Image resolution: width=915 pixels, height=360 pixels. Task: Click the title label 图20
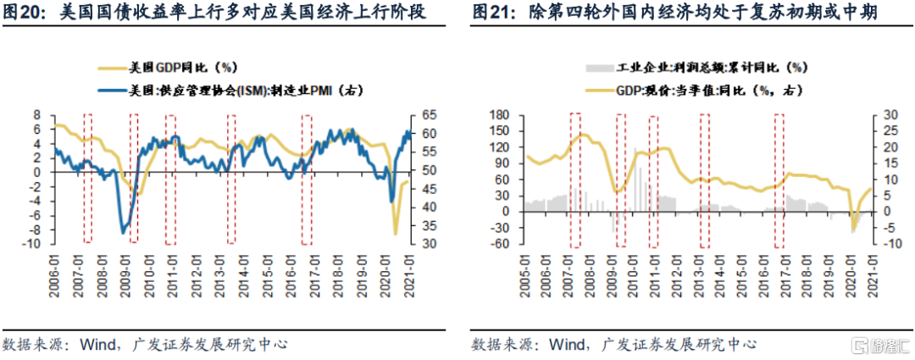coord(26,14)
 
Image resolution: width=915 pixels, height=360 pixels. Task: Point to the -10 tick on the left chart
coord(39,244)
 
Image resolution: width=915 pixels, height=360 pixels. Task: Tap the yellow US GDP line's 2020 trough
coord(395,234)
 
